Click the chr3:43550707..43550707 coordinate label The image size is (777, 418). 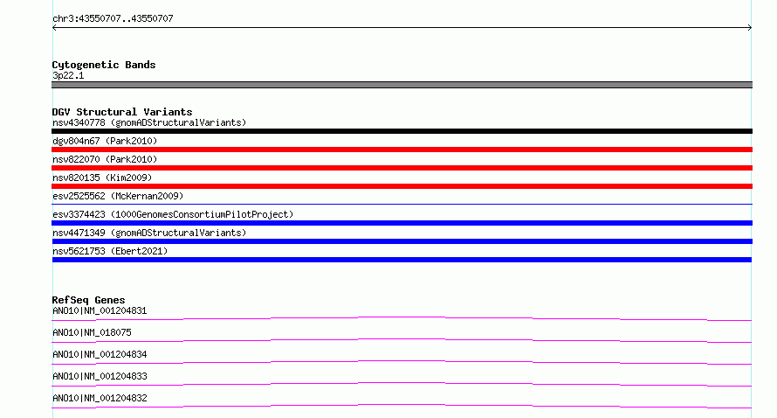[x=113, y=19]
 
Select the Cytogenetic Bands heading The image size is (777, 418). [x=104, y=65]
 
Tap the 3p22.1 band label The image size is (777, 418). [x=68, y=75]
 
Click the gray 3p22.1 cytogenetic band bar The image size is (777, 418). [x=402, y=85]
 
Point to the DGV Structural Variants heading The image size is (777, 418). [x=122, y=112]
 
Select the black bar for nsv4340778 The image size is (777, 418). [x=402, y=131]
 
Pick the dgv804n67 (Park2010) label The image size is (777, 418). [x=105, y=141]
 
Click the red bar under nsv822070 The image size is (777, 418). [x=402, y=168]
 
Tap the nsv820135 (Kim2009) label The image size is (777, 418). [x=102, y=178]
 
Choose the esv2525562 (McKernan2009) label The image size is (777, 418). [x=118, y=196]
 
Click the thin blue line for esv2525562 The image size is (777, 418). [x=402, y=204]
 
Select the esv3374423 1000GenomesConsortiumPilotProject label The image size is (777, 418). [x=173, y=214]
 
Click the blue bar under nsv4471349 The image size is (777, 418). [x=402, y=241]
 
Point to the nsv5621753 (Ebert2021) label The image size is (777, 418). [x=110, y=251]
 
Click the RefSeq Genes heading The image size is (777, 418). [x=88, y=300]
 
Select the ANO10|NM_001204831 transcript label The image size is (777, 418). [x=100, y=310]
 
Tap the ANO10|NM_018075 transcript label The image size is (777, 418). [x=92, y=332]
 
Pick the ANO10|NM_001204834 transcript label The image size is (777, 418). [x=100, y=354]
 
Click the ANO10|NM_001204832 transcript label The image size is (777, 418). [x=100, y=398]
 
